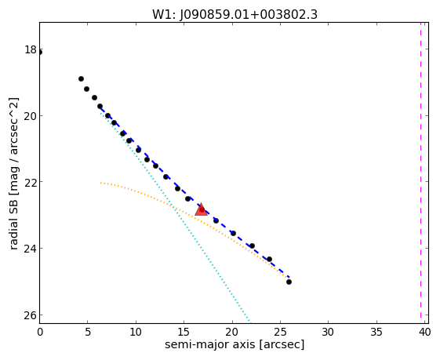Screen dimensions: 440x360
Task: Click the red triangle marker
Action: click(x=202, y=209)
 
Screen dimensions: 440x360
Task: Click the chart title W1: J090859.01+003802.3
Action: click(x=235, y=15)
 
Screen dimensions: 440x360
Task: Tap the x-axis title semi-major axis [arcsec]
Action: click(x=235, y=344)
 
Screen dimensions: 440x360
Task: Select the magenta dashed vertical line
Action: click(x=420, y=170)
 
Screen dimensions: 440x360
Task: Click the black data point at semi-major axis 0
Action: click(x=39, y=53)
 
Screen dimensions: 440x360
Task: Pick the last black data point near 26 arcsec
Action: click(x=289, y=282)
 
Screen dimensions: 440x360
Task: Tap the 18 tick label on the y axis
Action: click(x=31, y=49)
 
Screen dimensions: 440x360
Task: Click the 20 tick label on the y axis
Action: click(x=31, y=115)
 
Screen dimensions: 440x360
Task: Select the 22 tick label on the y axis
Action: click(x=31, y=182)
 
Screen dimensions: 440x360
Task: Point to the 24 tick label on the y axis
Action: click(x=31, y=249)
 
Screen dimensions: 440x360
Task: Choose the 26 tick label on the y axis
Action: click(x=31, y=315)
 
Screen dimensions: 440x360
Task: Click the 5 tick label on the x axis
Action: click(x=88, y=333)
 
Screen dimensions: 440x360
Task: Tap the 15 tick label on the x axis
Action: click(x=184, y=333)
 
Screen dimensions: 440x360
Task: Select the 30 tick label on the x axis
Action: click(x=328, y=333)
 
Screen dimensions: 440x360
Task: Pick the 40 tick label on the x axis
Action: click(x=424, y=333)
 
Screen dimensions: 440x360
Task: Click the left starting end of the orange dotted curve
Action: click(x=100, y=183)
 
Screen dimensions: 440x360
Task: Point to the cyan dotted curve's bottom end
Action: click(x=249, y=322)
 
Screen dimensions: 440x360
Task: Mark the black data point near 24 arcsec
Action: click(x=269, y=259)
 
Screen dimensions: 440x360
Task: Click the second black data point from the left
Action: click(x=81, y=79)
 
